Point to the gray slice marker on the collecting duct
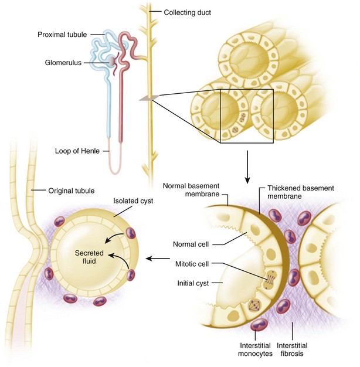(146, 100)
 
